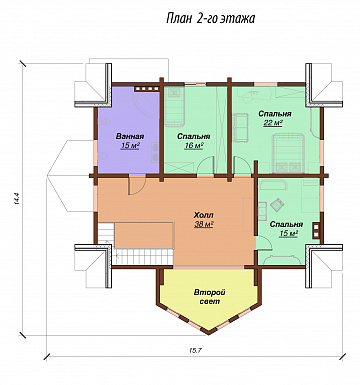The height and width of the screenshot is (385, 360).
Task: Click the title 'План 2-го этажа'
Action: click(210, 19)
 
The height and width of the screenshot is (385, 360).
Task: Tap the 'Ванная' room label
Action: click(130, 136)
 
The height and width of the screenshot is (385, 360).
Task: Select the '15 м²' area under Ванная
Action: click(130, 146)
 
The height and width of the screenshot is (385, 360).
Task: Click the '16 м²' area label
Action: click(194, 146)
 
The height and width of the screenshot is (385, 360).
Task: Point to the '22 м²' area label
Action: click(273, 123)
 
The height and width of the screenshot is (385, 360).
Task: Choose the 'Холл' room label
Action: click(203, 214)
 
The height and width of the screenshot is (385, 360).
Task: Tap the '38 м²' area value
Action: click(204, 224)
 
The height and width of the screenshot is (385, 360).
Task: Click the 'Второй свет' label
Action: click(210, 297)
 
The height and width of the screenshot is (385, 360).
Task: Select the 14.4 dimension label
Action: click(17, 199)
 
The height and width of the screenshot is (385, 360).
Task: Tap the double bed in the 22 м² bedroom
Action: click(288, 152)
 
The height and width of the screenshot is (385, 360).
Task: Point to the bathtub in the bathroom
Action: click(145, 106)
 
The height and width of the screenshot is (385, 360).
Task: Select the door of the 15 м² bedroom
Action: click(264, 242)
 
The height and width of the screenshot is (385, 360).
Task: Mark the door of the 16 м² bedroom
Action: click(205, 165)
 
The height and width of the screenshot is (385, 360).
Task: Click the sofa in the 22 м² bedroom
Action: click(241, 127)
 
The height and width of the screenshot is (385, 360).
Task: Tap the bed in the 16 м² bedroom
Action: click(174, 106)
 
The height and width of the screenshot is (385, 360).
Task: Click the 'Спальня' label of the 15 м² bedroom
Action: click(286, 224)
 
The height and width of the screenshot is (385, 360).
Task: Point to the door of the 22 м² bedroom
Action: click(241, 166)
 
